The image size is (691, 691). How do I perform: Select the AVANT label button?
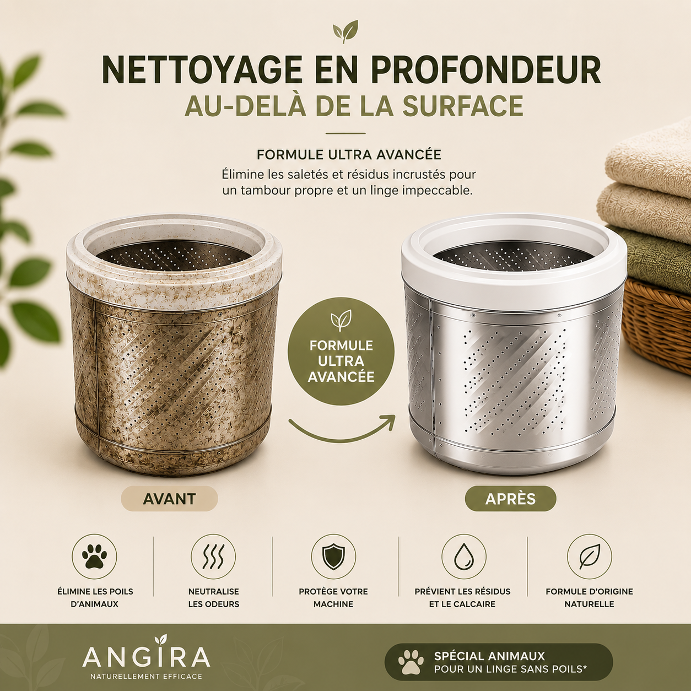tap(169, 499)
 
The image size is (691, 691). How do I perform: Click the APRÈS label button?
tap(510, 499)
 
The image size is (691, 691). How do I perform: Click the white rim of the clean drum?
tap(514, 273)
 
